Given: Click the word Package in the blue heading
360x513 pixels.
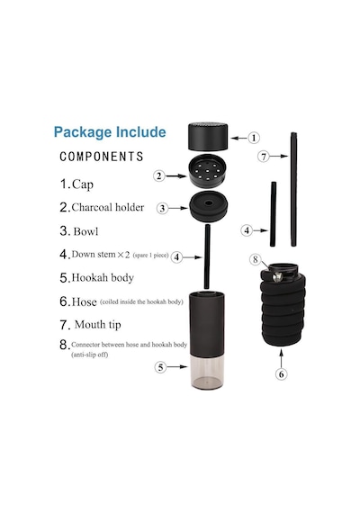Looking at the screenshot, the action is coord(83,132).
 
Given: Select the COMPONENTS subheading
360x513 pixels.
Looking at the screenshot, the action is coord(102,157).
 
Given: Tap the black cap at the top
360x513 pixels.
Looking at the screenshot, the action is coord(208,136).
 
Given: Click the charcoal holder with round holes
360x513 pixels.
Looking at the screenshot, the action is coord(208,171).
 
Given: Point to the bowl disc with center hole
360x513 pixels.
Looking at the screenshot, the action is coord(208,206).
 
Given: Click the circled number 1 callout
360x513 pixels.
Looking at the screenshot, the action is coord(253,138).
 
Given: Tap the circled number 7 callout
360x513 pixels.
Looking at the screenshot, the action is coord(264,157).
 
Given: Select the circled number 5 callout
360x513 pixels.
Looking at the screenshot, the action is coord(160,367).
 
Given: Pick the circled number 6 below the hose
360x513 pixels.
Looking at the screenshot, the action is coord(281,373).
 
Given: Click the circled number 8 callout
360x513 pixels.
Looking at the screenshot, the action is coord(256,259).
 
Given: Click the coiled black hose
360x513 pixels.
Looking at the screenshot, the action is coord(283,310).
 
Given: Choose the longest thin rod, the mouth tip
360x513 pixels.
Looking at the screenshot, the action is coord(293,189).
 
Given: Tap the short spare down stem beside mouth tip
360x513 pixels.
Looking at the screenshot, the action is coord(273,214).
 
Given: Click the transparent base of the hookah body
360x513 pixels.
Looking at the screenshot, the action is coord(207,373).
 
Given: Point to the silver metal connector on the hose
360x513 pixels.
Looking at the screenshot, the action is coord(277,277).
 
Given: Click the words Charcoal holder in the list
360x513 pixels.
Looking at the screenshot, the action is coord(108,207).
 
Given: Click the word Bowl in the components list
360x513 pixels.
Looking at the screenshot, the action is coord(85,231).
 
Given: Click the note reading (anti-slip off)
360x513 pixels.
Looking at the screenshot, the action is coord(90,355).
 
